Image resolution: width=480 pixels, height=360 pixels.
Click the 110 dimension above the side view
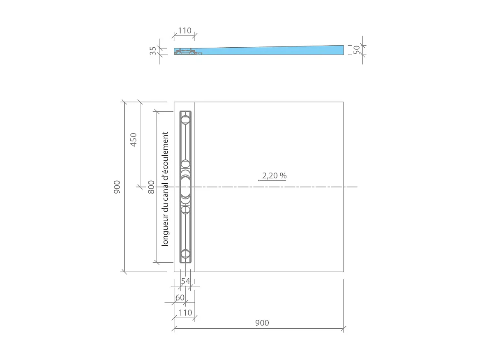(185, 31)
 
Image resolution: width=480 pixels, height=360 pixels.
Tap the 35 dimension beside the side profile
(153, 51)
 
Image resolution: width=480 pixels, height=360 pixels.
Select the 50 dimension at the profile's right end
(357, 50)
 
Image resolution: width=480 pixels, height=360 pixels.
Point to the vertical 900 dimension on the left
(117, 187)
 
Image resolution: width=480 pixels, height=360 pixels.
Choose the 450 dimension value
(134, 140)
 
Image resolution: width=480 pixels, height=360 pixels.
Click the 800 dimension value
(152, 187)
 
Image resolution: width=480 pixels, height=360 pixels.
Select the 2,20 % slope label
(274, 175)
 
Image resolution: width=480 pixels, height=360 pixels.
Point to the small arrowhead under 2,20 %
(259, 180)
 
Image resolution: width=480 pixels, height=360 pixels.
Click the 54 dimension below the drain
(186, 281)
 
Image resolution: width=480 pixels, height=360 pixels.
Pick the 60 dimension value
(180, 298)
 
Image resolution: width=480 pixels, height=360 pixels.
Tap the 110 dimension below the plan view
(185, 313)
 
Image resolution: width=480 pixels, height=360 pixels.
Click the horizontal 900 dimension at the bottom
(262, 323)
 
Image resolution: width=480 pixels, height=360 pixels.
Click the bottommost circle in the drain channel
(185, 254)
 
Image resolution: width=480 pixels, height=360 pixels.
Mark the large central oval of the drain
(185, 187)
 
